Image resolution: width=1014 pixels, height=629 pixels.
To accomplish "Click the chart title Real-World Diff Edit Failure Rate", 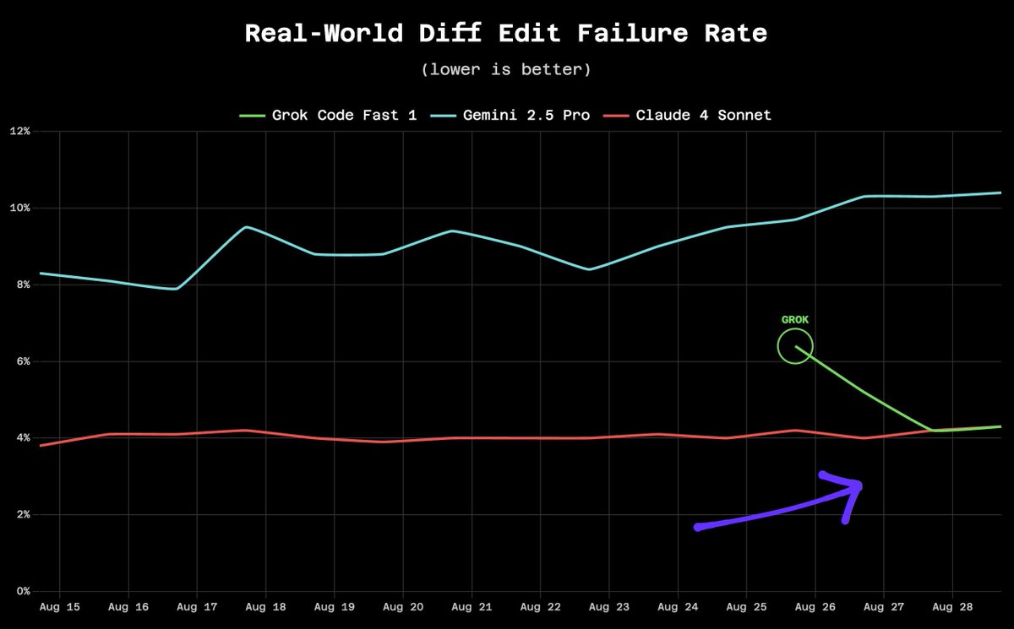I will [506, 34].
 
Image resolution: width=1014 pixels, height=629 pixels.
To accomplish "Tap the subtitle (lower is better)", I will [506, 69].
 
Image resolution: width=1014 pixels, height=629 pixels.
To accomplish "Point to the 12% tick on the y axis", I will [20, 132].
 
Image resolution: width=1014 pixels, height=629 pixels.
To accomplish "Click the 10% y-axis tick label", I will [20, 209].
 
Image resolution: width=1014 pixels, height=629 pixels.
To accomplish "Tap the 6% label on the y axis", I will [23, 361].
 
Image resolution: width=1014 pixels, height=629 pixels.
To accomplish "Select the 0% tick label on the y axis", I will [23, 591].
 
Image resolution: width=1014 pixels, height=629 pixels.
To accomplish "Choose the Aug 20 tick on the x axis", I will [403, 607].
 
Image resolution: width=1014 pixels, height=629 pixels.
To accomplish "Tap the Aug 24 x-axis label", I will [678, 607].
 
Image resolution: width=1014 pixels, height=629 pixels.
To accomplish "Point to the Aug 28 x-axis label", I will [952, 607].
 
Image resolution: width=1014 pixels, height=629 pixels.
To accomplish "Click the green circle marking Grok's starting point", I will [795, 346].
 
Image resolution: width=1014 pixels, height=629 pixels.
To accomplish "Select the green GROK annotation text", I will [795, 321].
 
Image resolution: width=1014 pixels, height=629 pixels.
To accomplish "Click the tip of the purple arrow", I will [859, 485].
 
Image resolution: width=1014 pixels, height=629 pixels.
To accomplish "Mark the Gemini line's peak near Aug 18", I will [245, 227].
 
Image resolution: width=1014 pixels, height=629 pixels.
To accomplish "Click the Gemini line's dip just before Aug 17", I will [175, 289].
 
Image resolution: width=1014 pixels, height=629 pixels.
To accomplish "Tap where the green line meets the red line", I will [931, 431].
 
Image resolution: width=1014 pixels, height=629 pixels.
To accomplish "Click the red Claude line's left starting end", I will [41, 445].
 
